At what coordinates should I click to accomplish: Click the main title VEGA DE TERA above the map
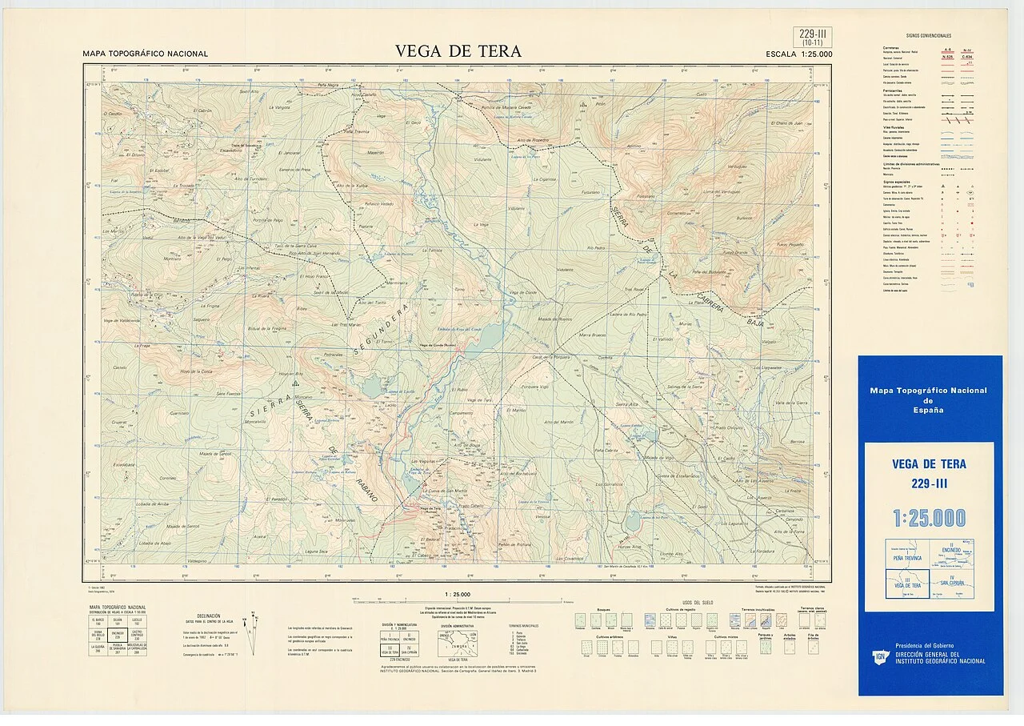pos(458,52)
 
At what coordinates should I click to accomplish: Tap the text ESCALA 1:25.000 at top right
pos(798,54)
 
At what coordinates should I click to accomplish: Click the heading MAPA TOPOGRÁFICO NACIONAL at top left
pos(145,54)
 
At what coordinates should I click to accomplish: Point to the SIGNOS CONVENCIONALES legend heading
pos(929,36)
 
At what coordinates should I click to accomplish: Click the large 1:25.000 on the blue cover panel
pos(929,518)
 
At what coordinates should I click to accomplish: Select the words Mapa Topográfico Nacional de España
pos(929,400)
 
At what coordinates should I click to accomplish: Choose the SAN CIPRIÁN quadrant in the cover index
pos(952,584)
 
